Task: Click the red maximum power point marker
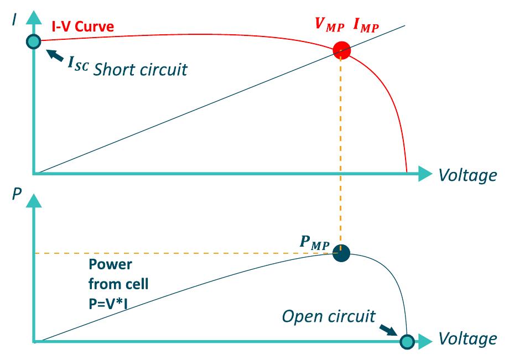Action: [x=341, y=50]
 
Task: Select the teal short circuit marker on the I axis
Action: [x=34, y=41]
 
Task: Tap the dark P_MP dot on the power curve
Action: [x=341, y=253]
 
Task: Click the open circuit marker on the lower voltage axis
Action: [x=407, y=341]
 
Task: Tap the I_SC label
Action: [x=78, y=64]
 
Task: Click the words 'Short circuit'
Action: [x=140, y=69]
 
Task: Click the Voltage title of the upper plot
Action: [x=467, y=175]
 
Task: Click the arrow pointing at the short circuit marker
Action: [x=55, y=55]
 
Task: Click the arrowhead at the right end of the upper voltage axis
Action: [x=426, y=174]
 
